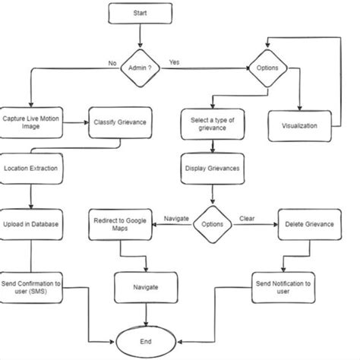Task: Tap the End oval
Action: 146,341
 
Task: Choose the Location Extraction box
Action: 30,167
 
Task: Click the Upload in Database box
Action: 30,224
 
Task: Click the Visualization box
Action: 299,125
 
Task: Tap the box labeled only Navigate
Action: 146,288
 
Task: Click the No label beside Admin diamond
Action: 112,63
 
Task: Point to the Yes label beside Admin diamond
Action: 174,62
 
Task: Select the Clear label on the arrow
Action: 247,219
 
